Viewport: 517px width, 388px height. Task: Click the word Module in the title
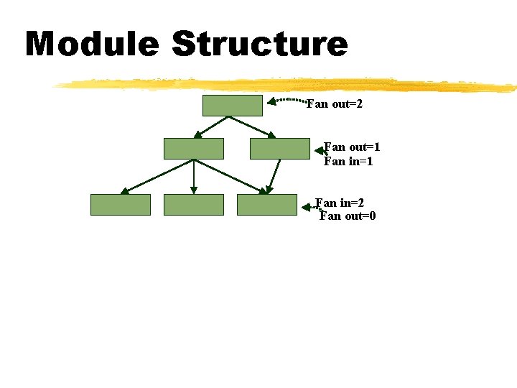coord(92,44)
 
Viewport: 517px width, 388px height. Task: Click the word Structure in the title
coord(259,44)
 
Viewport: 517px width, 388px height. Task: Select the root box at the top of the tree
coord(233,106)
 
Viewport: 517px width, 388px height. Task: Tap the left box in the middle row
coord(194,149)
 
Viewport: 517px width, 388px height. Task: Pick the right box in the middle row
coord(279,149)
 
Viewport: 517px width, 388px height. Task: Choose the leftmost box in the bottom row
coord(121,205)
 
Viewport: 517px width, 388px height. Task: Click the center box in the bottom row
coord(194,205)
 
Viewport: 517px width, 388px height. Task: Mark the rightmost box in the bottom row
coord(267,205)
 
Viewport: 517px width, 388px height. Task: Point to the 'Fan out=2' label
coord(335,105)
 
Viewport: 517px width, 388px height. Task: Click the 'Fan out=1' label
coord(352,147)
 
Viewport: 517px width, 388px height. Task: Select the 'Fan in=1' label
coord(349,162)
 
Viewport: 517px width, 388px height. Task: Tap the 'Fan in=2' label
coord(345,203)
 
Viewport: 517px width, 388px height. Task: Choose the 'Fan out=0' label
coord(348,216)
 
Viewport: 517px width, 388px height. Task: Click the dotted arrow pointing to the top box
coord(287,100)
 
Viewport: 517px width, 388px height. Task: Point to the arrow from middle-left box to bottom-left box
coord(157,177)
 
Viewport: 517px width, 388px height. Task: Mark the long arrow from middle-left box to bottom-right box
coord(230,176)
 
